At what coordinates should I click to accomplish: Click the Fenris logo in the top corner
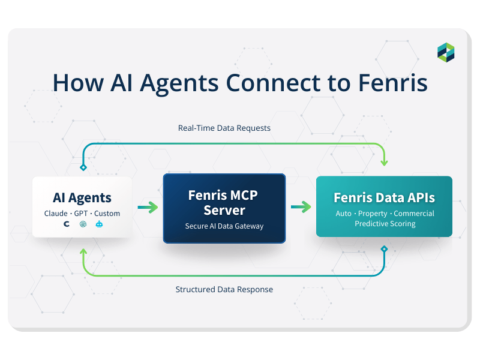coord(446,52)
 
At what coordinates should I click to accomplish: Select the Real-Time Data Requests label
coord(224,128)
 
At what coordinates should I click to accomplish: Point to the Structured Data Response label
coord(224,289)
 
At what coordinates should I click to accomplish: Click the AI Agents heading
coord(82,198)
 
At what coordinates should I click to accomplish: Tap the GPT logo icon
coord(83,224)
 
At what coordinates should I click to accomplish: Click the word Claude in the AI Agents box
coord(56,214)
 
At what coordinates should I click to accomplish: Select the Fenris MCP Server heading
coord(224,203)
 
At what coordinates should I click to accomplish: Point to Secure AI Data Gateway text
coord(224,226)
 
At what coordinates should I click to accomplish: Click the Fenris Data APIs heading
coord(384,197)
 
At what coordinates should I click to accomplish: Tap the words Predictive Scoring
coord(384,224)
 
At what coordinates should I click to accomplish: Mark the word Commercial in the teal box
coord(414,214)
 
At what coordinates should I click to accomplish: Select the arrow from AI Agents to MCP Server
coord(148,208)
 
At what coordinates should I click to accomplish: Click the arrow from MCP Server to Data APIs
coord(301,208)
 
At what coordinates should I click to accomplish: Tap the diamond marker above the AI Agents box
coord(83,167)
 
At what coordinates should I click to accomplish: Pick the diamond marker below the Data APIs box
coord(384,248)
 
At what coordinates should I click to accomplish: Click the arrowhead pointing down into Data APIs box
coord(384,163)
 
